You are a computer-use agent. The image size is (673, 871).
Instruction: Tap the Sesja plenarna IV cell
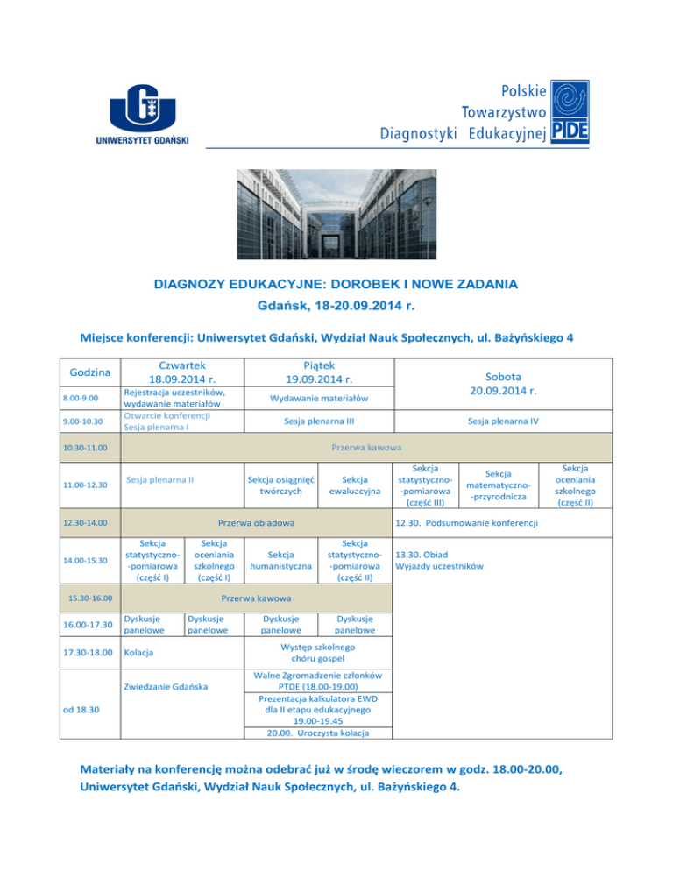click(x=514, y=421)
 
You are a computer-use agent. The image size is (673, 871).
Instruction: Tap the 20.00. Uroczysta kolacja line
click(x=319, y=733)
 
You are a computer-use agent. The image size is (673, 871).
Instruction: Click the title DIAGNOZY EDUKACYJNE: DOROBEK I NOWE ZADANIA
click(x=336, y=284)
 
